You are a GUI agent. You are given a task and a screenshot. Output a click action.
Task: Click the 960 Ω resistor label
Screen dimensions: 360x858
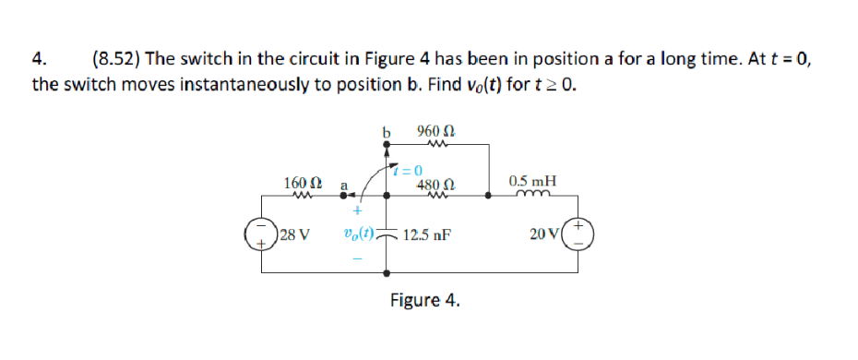pos(435,131)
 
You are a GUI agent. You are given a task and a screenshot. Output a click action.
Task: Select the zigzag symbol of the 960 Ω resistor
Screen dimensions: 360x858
pos(433,143)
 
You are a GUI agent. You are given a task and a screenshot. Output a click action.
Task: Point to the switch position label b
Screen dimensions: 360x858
pos(387,132)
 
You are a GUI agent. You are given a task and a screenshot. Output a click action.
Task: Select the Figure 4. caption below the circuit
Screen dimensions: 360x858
pos(424,301)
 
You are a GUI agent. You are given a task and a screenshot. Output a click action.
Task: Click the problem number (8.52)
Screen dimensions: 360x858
pos(116,59)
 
